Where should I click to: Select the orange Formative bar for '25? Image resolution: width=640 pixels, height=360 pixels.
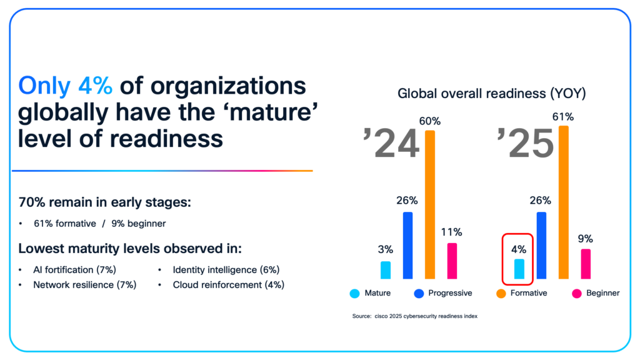(564, 202)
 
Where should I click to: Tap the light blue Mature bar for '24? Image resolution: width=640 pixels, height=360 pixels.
(386, 270)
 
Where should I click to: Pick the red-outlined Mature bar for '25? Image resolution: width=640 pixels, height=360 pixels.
(519, 269)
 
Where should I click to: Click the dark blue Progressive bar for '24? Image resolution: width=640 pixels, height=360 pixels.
(408, 245)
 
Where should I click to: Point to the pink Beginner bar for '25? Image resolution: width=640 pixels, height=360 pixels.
(586, 264)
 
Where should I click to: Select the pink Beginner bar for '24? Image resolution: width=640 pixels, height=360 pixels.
(452, 261)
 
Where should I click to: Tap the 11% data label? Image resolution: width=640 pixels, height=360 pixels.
(452, 232)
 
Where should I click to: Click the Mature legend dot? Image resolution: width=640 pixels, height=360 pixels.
(354, 293)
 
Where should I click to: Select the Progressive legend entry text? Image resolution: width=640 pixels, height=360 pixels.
(451, 293)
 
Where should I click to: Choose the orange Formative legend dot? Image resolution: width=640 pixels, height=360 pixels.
(501, 293)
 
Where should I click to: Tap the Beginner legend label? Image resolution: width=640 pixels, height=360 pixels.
(602, 293)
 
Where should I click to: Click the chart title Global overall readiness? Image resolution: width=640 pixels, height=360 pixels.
(492, 94)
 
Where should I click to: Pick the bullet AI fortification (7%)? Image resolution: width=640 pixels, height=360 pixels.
(75, 270)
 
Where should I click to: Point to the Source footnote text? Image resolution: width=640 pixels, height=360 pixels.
(414, 317)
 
